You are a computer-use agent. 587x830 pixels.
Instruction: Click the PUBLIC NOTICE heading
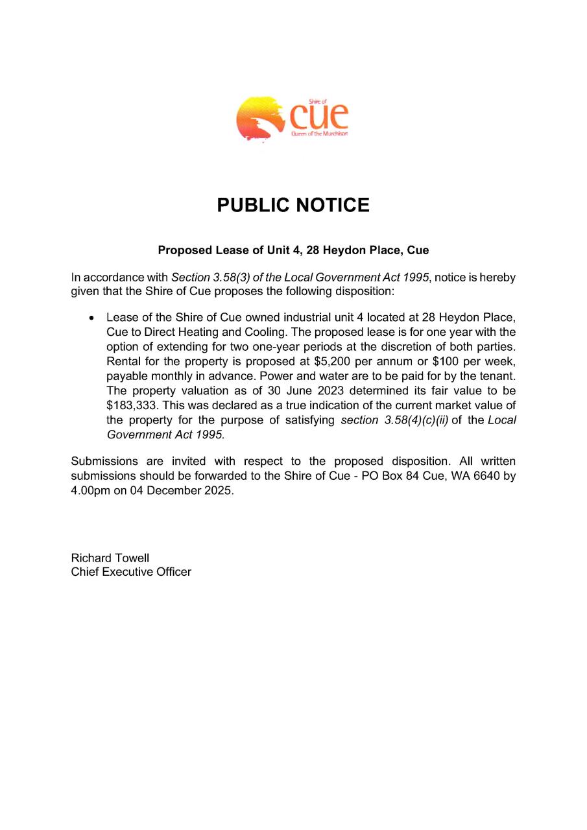pos(293,206)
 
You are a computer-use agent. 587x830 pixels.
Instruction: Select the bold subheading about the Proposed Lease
pos(293,250)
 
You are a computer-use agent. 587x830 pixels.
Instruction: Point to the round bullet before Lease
pos(92,318)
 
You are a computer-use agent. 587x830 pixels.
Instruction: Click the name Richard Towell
pos(110,558)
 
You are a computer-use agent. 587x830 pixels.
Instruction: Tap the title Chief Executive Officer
pos(131,572)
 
